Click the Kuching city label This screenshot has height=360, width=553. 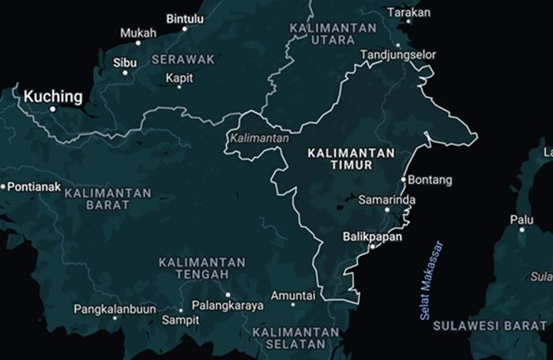pos(52,96)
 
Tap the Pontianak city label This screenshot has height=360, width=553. pos(33,186)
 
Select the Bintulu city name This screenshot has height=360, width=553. pos(185,18)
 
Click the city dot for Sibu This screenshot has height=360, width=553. pos(125,73)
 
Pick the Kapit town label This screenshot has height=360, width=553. pos(179,77)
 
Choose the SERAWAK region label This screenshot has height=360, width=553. pos(182,59)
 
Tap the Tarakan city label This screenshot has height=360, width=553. pos(409,13)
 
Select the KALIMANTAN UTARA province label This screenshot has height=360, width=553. pos(332,33)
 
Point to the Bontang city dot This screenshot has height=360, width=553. pos(403,180)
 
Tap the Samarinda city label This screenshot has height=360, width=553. pos(386,200)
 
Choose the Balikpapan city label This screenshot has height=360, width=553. pos(372,236)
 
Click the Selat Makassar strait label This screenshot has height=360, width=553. pos(431,280)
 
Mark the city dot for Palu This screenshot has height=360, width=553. pos(521,230)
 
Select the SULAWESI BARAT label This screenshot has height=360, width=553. pos(506,324)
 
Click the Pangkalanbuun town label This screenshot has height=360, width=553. pos(115,309)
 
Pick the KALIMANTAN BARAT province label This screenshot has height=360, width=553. pos(107,199)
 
